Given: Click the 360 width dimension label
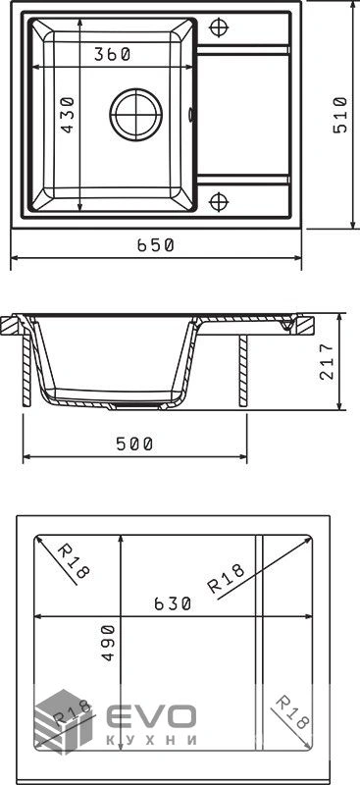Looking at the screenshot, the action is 112,54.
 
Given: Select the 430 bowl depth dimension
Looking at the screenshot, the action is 67,115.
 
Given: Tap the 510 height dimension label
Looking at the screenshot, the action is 340,115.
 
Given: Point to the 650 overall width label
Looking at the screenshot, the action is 155,244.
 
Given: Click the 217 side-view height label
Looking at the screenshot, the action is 327,362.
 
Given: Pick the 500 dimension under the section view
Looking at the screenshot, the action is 134,444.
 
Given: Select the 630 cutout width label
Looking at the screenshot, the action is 173,603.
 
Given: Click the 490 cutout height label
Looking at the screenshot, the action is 108,643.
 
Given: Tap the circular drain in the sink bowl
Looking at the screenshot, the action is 136,115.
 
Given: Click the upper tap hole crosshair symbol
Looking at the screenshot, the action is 219,27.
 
